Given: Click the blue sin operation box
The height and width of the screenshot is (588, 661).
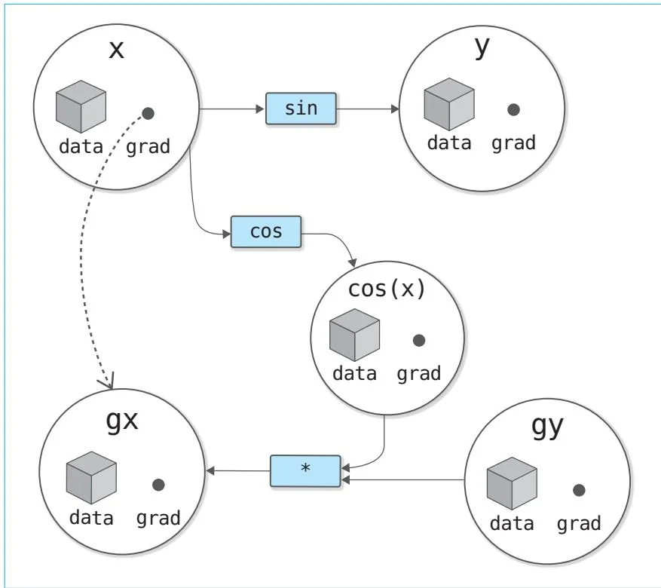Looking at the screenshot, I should [x=301, y=109].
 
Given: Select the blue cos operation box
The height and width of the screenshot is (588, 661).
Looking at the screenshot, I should [x=265, y=231].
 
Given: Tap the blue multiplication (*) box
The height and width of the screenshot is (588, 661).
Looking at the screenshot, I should [x=305, y=470].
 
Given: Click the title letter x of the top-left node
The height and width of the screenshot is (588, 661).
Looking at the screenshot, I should [x=117, y=50].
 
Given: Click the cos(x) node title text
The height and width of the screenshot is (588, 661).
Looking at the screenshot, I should [x=387, y=289].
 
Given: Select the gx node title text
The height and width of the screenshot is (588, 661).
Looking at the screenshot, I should [x=121, y=420].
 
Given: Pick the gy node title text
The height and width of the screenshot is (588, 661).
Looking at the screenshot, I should [x=548, y=425].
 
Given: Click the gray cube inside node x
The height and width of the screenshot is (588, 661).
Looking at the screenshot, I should [x=81, y=106].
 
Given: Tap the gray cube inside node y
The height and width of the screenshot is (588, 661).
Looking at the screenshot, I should [x=449, y=104].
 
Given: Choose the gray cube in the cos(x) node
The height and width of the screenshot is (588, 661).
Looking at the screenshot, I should [x=354, y=335].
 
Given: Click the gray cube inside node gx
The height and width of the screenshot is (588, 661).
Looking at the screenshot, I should [x=90, y=478].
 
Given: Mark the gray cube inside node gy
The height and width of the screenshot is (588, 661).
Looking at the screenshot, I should [x=511, y=482].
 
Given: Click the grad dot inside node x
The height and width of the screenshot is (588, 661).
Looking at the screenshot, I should [x=148, y=114].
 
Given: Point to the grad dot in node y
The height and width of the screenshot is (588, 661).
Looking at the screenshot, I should [x=513, y=109].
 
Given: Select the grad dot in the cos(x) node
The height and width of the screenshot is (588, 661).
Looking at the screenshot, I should [x=419, y=340].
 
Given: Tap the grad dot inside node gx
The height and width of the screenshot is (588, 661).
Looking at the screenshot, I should [x=158, y=485].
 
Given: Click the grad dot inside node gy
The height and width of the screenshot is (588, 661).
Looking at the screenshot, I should [x=579, y=490].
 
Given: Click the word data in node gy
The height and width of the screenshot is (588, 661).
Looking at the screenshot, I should [x=512, y=523].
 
